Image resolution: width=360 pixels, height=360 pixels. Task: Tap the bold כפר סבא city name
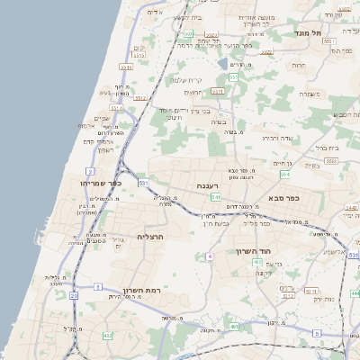click(x=283, y=197)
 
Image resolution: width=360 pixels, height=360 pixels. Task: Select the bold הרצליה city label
click(x=154, y=236)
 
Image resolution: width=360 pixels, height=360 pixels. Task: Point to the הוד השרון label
click(x=254, y=252)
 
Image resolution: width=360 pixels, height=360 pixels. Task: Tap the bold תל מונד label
click(x=308, y=33)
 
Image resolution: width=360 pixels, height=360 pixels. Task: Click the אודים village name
click(x=154, y=13)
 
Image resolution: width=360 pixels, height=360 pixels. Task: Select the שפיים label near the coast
click(x=102, y=118)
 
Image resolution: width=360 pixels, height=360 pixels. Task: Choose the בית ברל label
click(x=327, y=147)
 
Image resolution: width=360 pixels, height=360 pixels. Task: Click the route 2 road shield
click(x=90, y=170)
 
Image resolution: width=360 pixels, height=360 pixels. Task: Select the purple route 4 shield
click(x=209, y=256)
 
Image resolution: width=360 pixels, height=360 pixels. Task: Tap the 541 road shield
click(x=216, y=196)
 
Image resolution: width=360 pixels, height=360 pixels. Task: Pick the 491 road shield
click(x=234, y=328)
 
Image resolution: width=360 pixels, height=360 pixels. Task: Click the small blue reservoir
click(x=223, y=64)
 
